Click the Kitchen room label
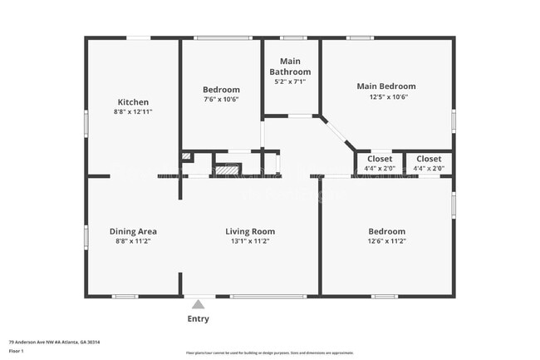point(133,102)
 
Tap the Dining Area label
point(133,231)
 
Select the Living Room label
point(250,231)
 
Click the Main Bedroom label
point(386,86)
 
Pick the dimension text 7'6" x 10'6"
point(221,99)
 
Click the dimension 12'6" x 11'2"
point(387,241)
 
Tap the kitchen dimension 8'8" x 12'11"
point(133,111)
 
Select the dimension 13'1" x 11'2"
point(250,241)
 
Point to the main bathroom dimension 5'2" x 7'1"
point(290,81)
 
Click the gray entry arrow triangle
point(198,304)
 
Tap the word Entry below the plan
point(198,318)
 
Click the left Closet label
point(380,159)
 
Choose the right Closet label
point(429,159)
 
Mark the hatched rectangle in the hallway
point(228,167)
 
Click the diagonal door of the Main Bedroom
point(337,133)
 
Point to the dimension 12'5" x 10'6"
point(386,96)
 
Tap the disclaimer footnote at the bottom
point(269,354)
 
